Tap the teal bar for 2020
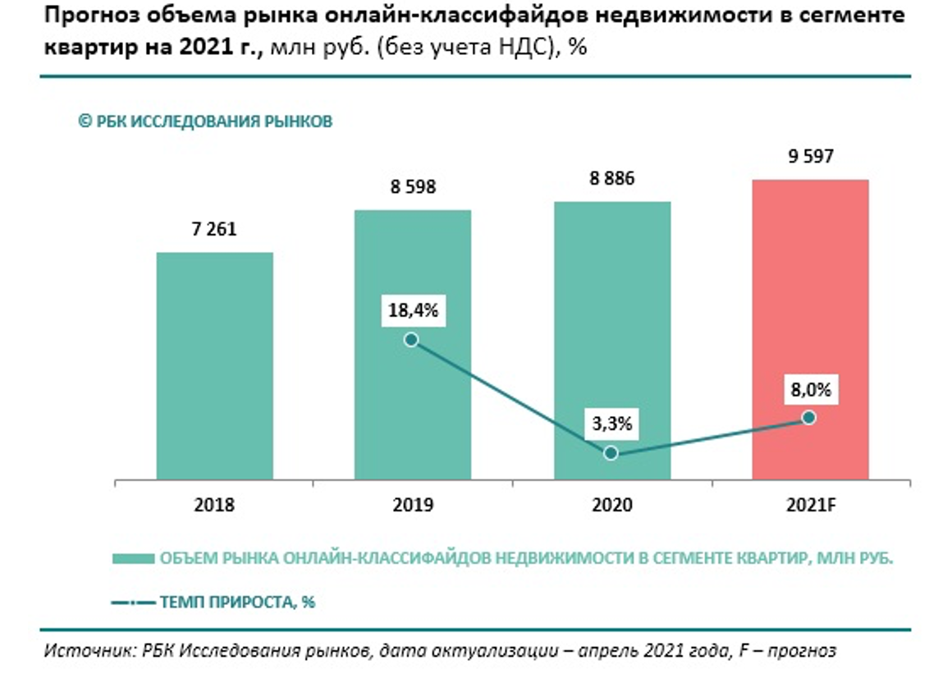611,328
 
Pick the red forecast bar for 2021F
810,287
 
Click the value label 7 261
214,229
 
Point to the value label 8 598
413,186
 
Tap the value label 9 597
810,156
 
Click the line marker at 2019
411,340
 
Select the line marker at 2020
610,453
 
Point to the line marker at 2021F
808,418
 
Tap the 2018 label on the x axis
214,505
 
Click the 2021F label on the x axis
810,505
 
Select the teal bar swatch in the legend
133,558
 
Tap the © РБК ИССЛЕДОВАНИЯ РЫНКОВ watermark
205,122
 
